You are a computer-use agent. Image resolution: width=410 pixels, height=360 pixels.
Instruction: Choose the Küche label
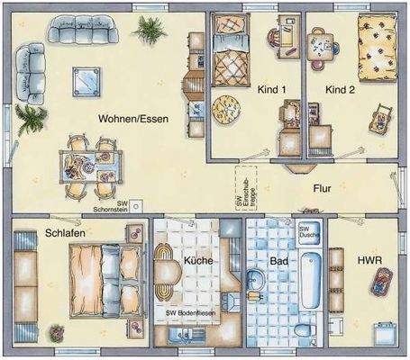197,260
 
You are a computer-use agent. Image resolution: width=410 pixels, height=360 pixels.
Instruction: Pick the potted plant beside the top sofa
148,30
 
